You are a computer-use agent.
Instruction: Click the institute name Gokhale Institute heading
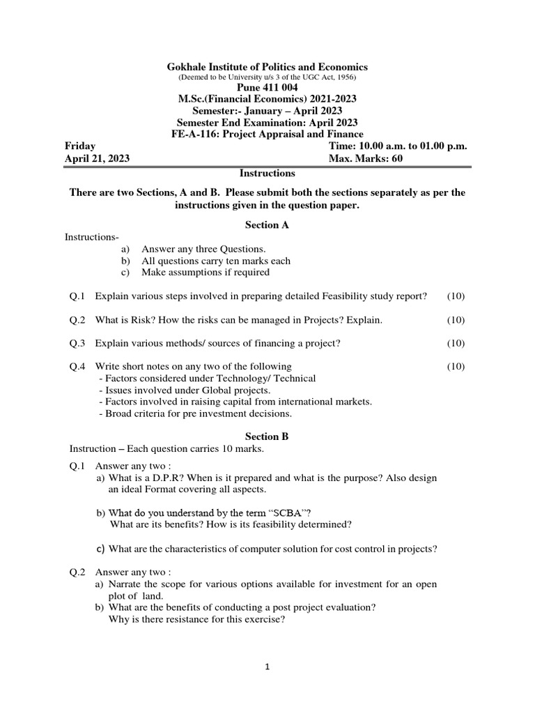[x=267, y=66]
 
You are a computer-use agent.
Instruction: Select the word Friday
[x=81, y=146]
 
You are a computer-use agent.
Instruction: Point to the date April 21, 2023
[x=97, y=158]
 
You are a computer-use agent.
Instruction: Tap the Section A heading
[x=267, y=225]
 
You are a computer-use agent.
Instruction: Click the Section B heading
[x=267, y=436]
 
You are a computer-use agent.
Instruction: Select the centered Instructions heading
[x=267, y=173]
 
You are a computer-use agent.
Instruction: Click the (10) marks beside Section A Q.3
[x=456, y=343]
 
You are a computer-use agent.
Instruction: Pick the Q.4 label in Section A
[x=77, y=366]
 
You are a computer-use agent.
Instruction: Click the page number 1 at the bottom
[x=267, y=667]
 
